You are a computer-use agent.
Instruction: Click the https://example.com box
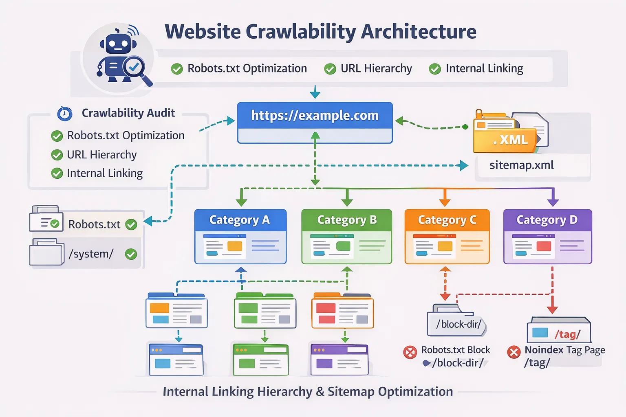(x=315, y=116)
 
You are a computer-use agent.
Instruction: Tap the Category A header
(x=240, y=220)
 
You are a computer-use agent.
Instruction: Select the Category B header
(x=347, y=220)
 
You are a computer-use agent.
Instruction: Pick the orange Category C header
(x=447, y=220)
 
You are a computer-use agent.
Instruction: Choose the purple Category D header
(x=547, y=220)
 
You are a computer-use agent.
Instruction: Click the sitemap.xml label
(x=521, y=165)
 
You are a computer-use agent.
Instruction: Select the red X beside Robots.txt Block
(x=410, y=352)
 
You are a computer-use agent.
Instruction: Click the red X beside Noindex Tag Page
(x=514, y=352)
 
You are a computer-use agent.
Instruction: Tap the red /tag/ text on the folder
(x=567, y=334)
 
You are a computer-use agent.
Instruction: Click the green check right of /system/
(x=131, y=255)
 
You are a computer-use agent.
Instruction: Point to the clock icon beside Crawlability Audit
(x=65, y=114)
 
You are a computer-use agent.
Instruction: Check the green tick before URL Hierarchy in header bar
(x=330, y=69)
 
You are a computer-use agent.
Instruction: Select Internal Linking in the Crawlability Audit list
(x=105, y=173)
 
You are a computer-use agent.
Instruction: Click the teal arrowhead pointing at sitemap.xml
(x=463, y=165)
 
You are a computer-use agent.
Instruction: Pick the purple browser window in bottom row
(x=339, y=360)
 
